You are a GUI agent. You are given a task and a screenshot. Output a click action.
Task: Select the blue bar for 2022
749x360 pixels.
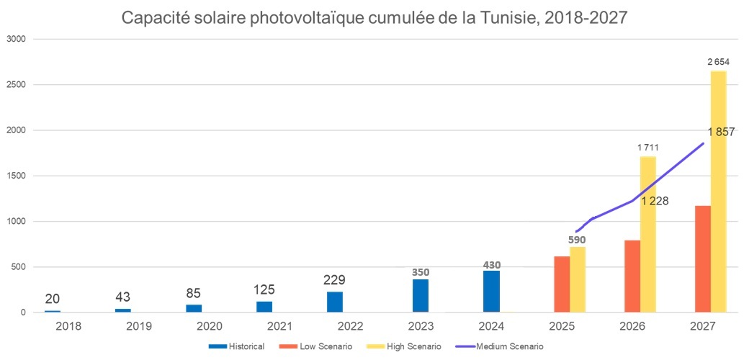[x=335, y=302]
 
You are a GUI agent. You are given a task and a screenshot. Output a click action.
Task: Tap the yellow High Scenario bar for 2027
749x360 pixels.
[x=718, y=192]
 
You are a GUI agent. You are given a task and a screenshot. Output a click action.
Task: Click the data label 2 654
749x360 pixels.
[x=718, y=62]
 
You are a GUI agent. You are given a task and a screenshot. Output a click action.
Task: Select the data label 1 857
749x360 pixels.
[x=721, y=132]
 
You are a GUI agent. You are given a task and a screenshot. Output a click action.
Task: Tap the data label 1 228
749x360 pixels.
[x=655, y=201]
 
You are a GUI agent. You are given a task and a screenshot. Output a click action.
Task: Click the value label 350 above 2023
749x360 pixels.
[x=421, y=252]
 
